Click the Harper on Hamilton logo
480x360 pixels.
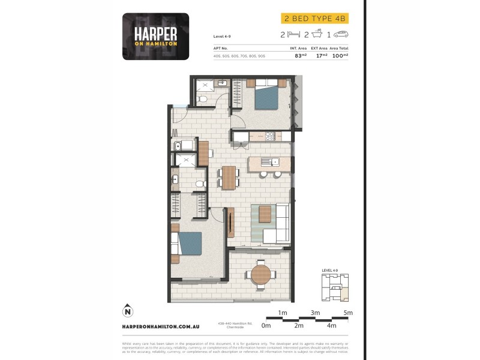point(155,36)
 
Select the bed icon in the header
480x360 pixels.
point(292,35)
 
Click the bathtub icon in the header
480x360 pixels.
point(317,35)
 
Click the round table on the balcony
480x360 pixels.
point(261,274)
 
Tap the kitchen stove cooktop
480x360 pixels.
point(270,137)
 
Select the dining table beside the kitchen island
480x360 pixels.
point(228,177)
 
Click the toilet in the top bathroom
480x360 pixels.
point(203,98)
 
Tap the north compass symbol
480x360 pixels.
point(127,311)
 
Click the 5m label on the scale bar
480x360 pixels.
point(348,313)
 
